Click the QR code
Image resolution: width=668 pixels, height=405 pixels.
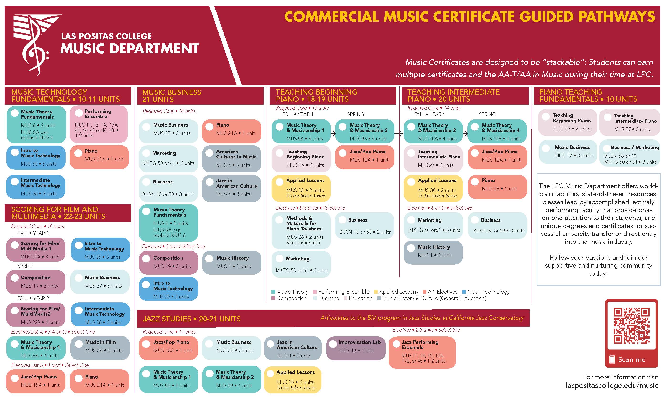tap(631, 326)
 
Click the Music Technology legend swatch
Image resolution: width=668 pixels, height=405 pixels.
tap(464, 292)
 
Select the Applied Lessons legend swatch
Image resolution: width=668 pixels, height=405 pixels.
tap(376, 292)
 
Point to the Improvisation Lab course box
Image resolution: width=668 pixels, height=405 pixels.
tap(356, 348)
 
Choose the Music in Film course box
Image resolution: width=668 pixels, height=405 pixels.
tap(100, 348)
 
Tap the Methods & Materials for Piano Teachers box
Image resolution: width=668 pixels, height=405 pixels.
tap(301, 230)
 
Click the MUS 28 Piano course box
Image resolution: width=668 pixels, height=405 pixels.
tap(497, 187)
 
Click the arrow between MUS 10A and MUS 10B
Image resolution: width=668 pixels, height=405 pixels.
tap(465, 133)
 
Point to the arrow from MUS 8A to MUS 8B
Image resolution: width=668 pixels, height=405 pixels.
tap(333, 133)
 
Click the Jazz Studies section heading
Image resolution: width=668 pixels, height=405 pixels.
tap(192, 319)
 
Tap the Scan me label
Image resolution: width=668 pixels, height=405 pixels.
tap(632, 360)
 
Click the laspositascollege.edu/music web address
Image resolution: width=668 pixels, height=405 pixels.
tap(612, 385)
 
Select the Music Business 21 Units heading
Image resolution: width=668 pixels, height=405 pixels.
tap(172, 96)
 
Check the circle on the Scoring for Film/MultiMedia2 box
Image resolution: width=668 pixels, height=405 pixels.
tap(15, 310)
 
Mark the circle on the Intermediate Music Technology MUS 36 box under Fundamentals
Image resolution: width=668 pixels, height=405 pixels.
tap(15, 182)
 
